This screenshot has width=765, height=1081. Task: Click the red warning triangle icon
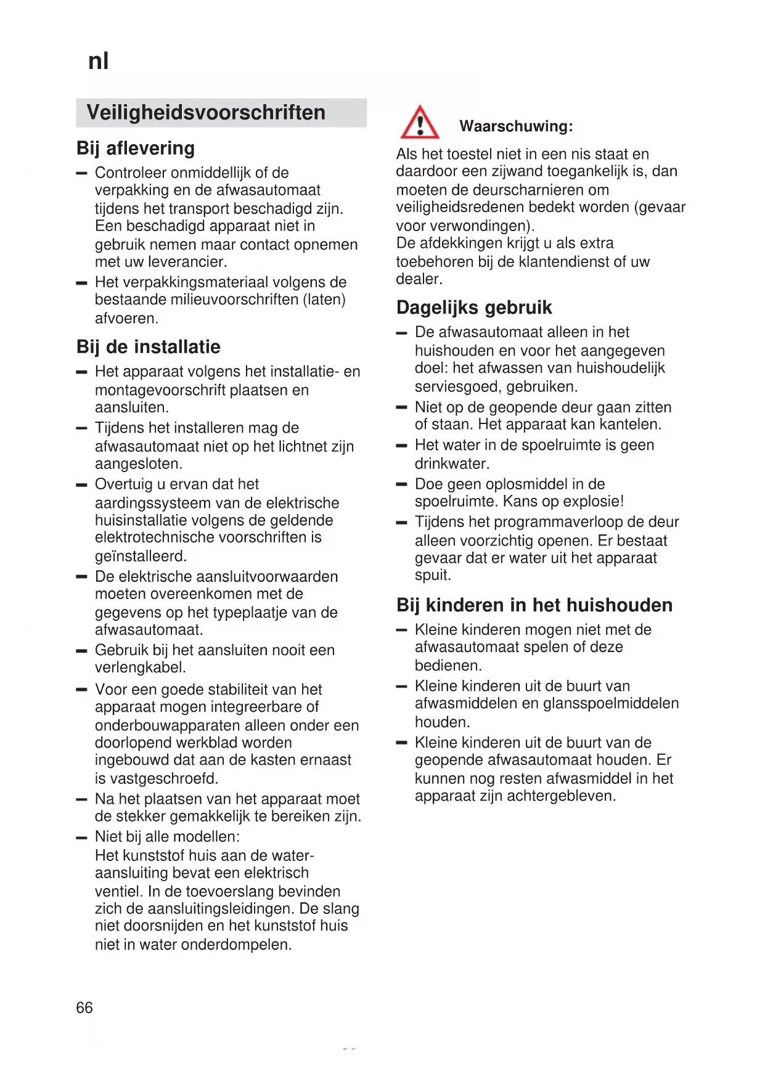(x=419, y=123)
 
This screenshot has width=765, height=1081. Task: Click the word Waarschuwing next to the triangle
(x=515, y=126)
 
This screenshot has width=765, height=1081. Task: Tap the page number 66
(x=84, y=1007)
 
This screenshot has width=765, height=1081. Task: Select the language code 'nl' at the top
(x=99, y=61)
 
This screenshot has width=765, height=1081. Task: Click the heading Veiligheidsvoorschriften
(x=206, y=113)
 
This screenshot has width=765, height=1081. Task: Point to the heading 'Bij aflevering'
(x=136, y=149)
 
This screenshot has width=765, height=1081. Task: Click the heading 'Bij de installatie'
(x=149, y=347)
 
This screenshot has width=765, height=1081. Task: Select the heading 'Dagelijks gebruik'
(x=474, y=308)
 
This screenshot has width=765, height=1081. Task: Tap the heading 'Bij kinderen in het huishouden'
(x=534, y=605)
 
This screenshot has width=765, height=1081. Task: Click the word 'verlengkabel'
(x=139, y=667)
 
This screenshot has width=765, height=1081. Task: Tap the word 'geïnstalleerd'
(x=140, y=556)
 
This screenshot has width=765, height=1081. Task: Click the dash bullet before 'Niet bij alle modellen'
(x=81, y=838)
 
